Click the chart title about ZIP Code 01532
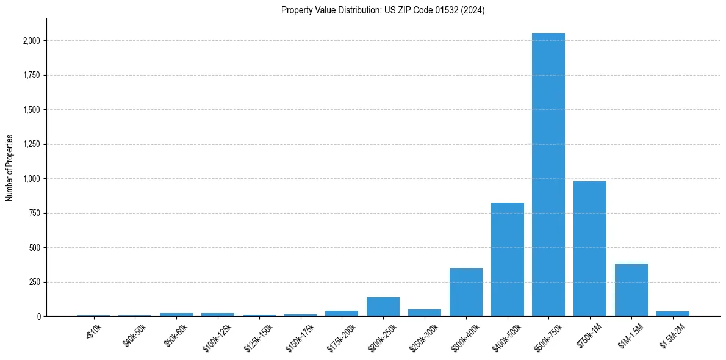pos(383,10)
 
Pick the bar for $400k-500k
pos(507,259)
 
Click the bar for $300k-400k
pos(466,292)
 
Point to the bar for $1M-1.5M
pos(631,290)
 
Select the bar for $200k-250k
pos(383,307)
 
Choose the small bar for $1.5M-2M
pos(673,314)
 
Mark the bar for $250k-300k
pos(425,312)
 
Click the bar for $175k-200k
pos(342,313)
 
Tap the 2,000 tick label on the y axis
pos(32,41)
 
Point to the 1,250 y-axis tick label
pos(32,145)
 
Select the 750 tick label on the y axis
pos(35,214)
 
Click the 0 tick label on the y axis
pos(38,317)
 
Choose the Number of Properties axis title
pos(10,168)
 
